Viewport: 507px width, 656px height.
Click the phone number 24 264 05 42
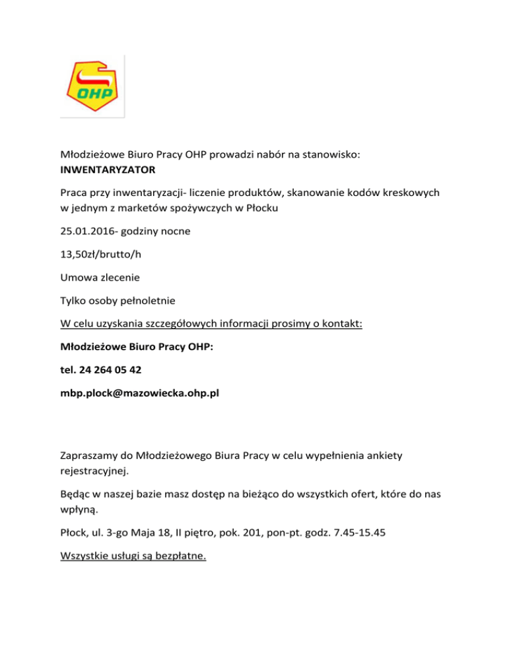[x=110, y=370]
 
